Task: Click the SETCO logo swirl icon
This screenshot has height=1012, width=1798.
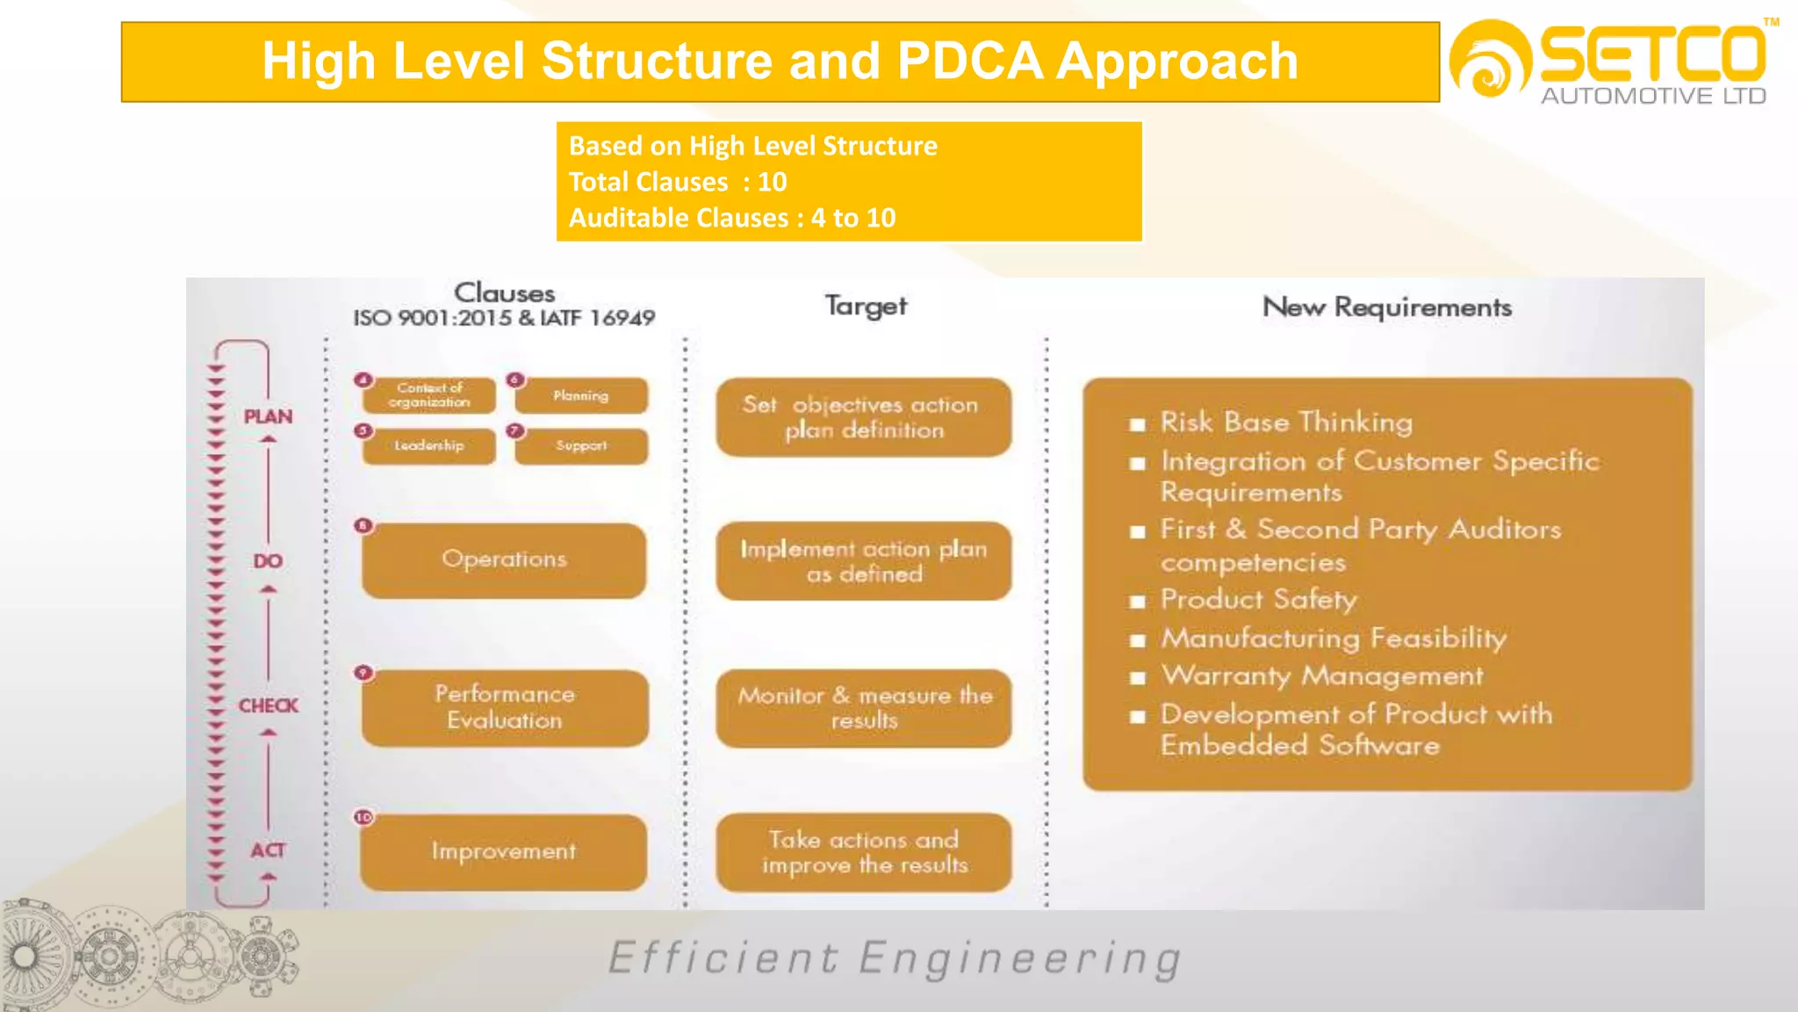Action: coord(1490,60)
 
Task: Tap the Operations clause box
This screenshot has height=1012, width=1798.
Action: coord(504,560)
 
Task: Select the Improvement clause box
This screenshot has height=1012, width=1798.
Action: coord(504,851)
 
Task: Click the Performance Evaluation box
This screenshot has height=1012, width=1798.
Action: coord(505,707)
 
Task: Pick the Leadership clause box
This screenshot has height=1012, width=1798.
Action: coord(429,445)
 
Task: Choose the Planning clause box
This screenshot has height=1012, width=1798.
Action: coord(581,395)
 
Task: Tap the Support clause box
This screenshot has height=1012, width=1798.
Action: coord(581,445)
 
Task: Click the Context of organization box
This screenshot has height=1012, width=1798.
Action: coord(429,395)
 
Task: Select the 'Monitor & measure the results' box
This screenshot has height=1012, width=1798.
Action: coord(864,708)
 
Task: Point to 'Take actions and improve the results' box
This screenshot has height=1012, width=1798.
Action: coord(864,852)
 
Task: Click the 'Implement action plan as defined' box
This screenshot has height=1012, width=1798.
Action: coord(864,561)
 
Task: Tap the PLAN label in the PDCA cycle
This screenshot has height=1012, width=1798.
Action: coord(268,416)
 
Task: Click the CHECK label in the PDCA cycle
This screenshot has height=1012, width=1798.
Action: coord(268,705)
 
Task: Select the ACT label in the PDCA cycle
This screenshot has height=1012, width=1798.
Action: coord(268,849)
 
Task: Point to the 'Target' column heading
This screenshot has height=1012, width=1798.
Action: coord(866,306)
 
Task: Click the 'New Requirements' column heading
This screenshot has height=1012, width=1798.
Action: coord(1387,307)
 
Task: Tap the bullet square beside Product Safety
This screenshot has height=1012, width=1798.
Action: coord(1138,602)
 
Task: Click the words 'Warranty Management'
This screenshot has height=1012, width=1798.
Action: coord(1321,676)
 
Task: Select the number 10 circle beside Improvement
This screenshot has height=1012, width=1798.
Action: coord(363,817)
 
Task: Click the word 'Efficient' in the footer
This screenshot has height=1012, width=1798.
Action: coord(723,958)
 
